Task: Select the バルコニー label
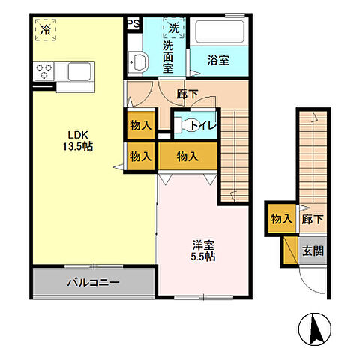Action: (93, 283)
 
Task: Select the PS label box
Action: (133, 24)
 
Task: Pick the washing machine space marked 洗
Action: (174, 28)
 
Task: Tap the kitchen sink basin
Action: (80, 72)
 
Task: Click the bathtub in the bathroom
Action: (219, 33)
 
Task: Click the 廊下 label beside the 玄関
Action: (313, 220)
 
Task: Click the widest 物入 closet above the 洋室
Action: (187, 156)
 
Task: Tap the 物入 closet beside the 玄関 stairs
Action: (280, 220)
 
